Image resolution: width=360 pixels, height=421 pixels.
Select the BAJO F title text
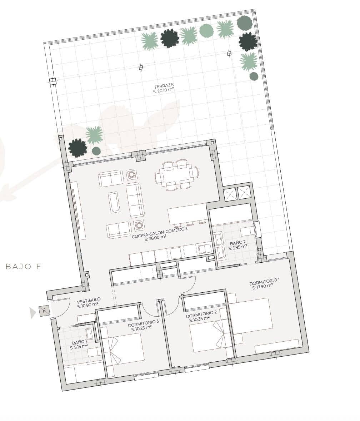coord(24,267)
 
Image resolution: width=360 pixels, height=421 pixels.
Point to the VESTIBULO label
coord(89,300)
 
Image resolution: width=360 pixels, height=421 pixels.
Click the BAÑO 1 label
coord(79,342)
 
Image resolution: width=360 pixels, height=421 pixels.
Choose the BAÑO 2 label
coord(238,243)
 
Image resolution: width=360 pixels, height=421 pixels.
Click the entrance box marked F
coord(44,311)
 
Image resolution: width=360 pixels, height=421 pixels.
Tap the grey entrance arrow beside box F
coord(33,313)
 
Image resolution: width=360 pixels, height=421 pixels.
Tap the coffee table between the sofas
coord(114,202)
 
